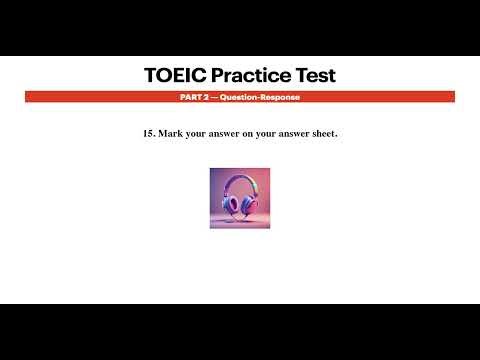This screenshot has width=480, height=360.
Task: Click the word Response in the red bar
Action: (280, 97)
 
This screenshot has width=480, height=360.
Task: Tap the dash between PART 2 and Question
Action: (211, 97)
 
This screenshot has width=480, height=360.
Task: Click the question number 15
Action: (149, 133)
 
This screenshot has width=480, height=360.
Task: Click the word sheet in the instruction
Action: (323, 133)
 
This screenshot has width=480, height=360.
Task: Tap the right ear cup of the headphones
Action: (245, 204)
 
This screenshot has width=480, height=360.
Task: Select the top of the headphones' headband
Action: (238, 177)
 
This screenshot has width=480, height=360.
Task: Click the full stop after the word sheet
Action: (337, 135)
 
